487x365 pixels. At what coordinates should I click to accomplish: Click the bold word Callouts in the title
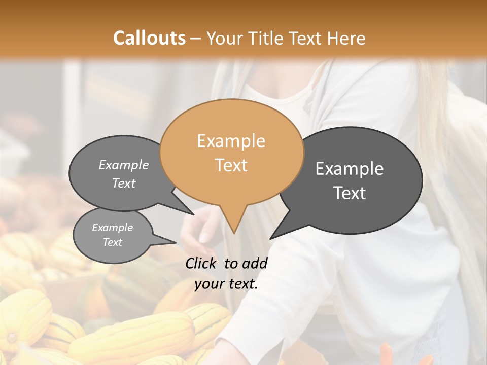[149, 38]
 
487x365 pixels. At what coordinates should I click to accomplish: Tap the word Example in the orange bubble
[231, 141]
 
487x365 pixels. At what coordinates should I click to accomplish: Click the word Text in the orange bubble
[231, 165]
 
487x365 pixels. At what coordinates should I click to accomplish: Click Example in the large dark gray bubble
[350, 169]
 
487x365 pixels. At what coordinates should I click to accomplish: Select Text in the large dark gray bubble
[350, 193]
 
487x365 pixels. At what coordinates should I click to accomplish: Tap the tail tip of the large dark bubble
[271, 238]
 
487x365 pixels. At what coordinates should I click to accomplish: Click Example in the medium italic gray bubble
[124, 165]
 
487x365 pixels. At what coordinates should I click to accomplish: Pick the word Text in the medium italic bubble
[124, 183]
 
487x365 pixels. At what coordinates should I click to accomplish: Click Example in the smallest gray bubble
[112, 228]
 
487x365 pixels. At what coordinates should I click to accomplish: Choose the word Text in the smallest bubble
[112, 242]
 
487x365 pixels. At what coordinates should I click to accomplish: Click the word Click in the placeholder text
[201, 263]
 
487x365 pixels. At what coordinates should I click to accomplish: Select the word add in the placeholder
[255, 263]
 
